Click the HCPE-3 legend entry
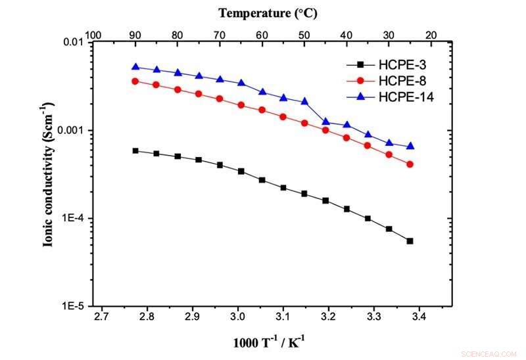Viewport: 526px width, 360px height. pyautogui.click(x=388, y=64)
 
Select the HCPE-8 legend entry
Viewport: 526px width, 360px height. pyautogui.click(x=388, y=81)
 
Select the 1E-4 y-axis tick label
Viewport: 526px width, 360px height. pyautogui.click(x=74, y=218)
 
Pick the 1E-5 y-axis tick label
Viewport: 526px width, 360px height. pyautogui.click(x=74, y=306)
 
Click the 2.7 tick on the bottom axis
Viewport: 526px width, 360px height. pyautogui.click(x=101, y=317)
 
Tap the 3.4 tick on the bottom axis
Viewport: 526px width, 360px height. pyautogui.click(x=419, y=317)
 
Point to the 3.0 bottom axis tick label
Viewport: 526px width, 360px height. pyautogui.click(x=237, y=317)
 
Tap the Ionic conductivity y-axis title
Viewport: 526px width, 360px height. pyautogui.click(x=48, y=174)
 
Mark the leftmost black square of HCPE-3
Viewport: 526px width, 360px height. pyautogui.click(x=135, y=150)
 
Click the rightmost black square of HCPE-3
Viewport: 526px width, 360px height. pyautogui.click(x=410, y=241)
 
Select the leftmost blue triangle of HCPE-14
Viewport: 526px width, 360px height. pyautogui.click(x=135, y=67)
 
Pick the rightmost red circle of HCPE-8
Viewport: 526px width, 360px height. pyautogui.click(x=410, y=164)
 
